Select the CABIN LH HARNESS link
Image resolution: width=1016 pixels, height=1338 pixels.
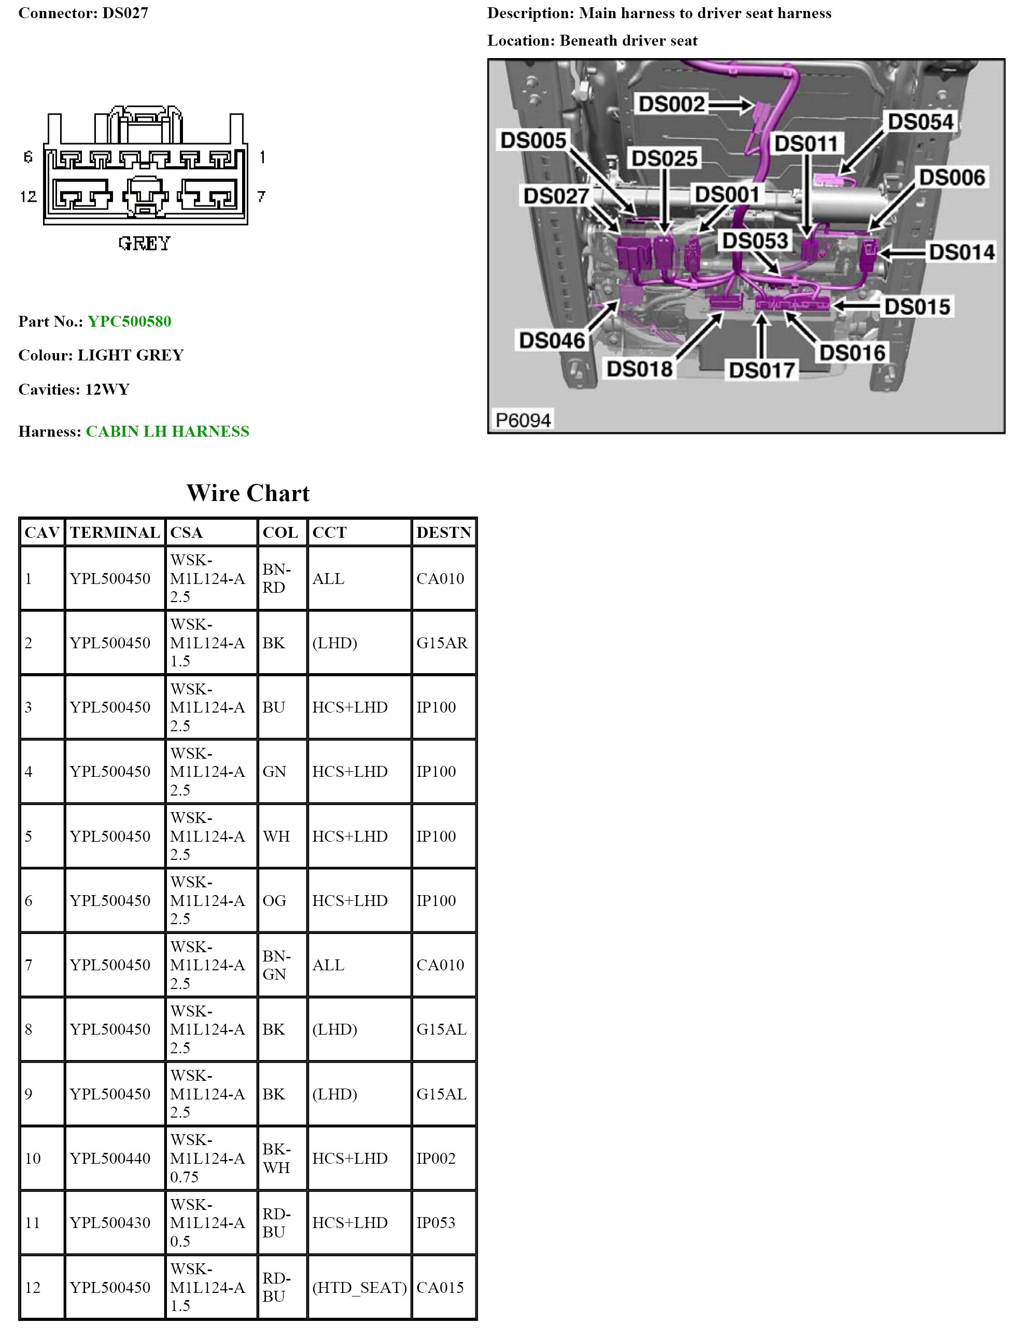(167, 431)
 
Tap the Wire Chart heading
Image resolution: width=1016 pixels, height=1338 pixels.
(248, 493)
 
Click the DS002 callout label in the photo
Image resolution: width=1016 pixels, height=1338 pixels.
(671, 104)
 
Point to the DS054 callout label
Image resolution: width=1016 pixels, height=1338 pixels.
(920, 121)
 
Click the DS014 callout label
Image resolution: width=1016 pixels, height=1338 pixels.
(961, 252)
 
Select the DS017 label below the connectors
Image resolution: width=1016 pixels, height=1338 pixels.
(761, 370)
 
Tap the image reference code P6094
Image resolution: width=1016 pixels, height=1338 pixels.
(523, 420)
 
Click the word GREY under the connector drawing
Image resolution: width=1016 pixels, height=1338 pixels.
(145, 243)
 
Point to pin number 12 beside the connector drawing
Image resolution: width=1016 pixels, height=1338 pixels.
(29, 197)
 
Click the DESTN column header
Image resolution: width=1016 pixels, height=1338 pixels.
(443, 532)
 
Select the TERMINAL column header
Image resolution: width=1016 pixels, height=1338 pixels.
(114, 532)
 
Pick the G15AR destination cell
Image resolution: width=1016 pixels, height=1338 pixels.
(442, 643)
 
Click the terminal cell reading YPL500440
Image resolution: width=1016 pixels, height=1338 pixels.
(110, 1159)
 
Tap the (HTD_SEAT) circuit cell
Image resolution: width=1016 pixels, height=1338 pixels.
(359, 1287)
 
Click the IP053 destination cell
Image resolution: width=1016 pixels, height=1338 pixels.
(435, 1222)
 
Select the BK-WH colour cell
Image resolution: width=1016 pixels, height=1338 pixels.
(276, 1159)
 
